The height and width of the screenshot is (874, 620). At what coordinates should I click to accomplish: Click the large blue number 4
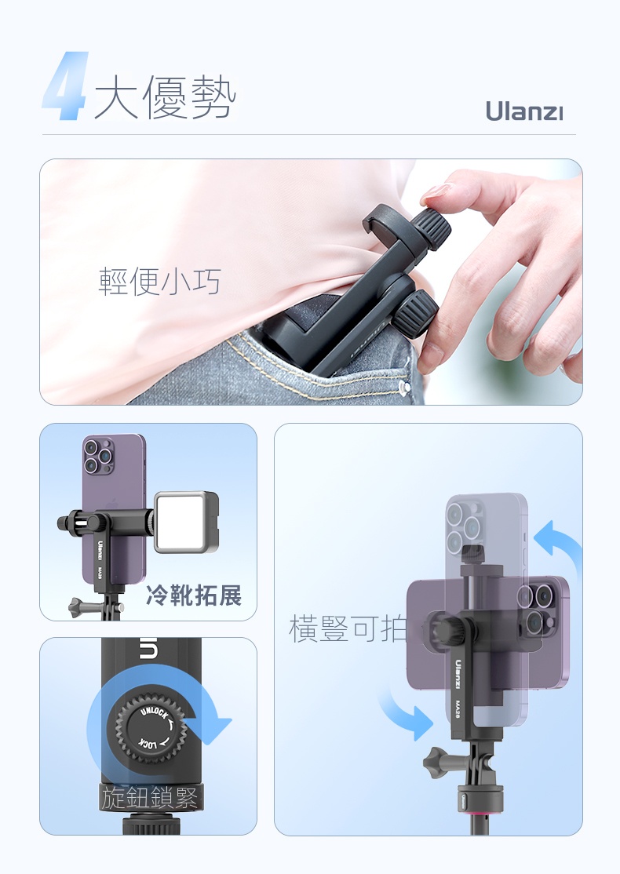(66, 86)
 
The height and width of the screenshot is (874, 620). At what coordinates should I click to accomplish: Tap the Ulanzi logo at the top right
(524, 111)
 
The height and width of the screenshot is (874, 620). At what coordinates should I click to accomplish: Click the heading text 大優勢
(165, 97)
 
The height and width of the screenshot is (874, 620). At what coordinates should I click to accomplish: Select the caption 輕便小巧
(159, 281)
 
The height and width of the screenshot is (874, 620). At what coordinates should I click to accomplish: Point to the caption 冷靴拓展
(194, 595)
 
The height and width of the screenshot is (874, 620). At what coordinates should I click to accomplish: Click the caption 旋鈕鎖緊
(149, 798)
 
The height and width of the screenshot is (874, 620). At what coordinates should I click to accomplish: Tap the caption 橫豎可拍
(348, 628)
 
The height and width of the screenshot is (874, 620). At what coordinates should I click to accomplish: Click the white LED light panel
(186, 522)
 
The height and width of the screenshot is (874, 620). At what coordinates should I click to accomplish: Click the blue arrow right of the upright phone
(557, 546)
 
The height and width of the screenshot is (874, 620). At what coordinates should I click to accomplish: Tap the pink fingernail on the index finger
(436, 191)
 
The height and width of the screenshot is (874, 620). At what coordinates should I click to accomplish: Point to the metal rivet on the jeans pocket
(405, 388)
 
